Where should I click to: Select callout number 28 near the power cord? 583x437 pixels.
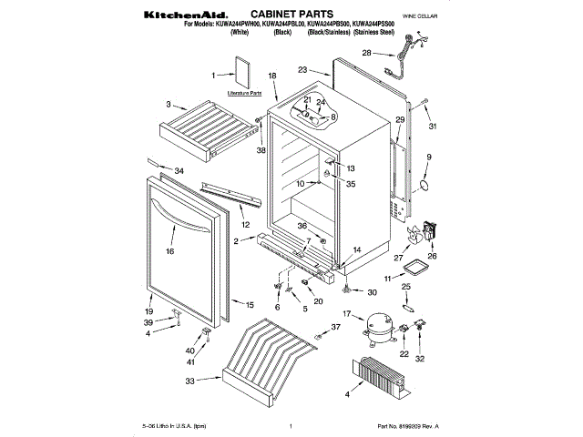point(365,54)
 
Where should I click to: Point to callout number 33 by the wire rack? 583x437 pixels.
point(189,381)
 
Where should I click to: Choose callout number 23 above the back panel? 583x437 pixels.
point(303,68)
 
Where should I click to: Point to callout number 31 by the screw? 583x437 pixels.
point(434,126)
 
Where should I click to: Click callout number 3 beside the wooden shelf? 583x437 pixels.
point(169,106)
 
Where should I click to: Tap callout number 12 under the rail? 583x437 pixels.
point(244,223)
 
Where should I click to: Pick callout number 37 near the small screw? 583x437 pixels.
point(336,326)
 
